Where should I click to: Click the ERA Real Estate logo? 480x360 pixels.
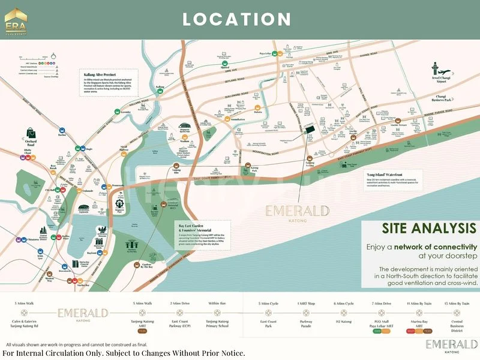pyautogui.click(x=16, y=17)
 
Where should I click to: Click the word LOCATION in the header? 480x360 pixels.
pyautogui.click(x=237, y=19)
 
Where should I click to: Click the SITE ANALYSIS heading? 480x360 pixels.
pyautogui.click(x=429, y=228)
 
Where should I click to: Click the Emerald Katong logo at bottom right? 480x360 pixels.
pyautogui.click(x=451, y=345)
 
